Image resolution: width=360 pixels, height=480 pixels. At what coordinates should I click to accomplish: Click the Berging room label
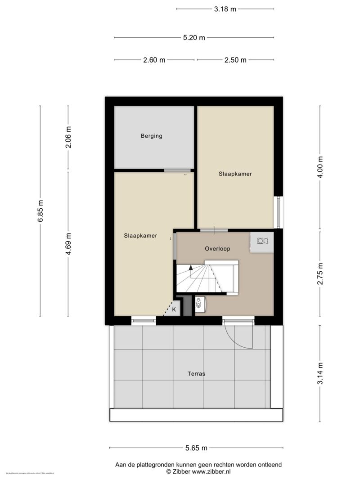point(151,136)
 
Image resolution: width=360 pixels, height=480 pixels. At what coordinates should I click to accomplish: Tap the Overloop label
point(215,249)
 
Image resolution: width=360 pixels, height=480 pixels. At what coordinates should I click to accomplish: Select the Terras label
point(196,373)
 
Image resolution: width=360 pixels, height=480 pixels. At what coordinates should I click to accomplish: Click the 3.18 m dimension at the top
point(225,9)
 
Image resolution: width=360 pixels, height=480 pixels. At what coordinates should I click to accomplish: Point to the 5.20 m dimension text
point(194,38)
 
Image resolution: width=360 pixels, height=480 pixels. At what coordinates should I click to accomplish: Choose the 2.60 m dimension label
point(153,60)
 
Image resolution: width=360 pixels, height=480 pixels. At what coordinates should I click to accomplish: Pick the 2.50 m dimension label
point(235,60)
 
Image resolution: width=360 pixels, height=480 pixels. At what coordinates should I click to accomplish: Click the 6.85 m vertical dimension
point(40,211)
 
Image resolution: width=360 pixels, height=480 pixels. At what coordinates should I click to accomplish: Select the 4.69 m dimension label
point(68,244)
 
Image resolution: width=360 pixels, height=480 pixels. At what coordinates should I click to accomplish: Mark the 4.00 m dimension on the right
point(320,167)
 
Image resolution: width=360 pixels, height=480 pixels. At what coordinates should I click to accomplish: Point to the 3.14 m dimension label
point(320,373)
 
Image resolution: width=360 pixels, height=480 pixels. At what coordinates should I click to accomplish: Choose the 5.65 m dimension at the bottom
point(196,448)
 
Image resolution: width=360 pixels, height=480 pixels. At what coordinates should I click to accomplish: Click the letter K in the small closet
point(174,310)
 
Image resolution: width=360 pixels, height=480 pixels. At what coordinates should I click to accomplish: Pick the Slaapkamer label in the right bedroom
point(235,174)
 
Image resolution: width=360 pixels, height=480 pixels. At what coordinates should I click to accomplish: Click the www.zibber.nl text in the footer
point(211,471)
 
